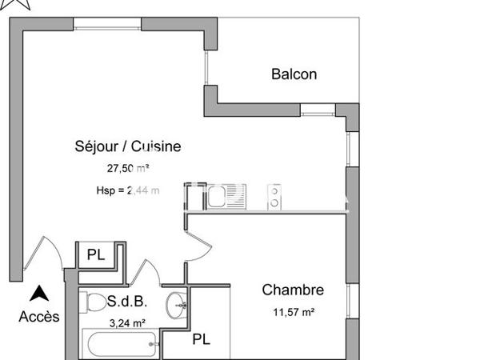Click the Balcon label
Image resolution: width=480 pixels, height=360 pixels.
294,74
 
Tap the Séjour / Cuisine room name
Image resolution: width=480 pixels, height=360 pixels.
128,146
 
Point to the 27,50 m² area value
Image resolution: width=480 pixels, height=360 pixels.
129,169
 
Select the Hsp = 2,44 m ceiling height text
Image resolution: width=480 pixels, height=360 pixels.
127,190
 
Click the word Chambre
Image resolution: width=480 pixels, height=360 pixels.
293,290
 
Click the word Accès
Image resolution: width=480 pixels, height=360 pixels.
39,317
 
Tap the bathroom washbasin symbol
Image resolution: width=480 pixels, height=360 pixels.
178,305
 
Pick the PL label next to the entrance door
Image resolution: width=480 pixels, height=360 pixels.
96,256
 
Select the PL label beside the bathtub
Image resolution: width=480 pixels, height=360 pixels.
201,340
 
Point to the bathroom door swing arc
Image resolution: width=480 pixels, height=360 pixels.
150,272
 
